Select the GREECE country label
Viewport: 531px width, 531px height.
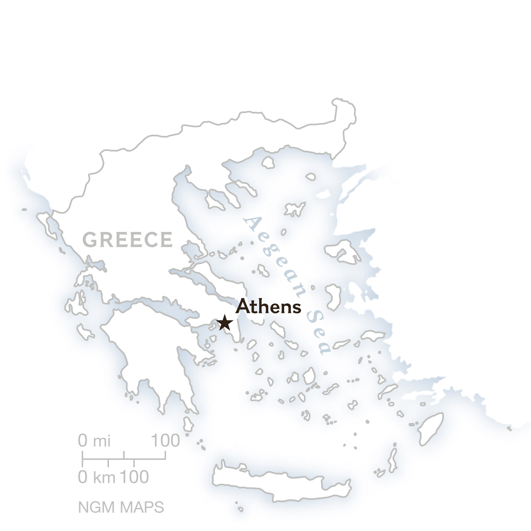tap(128, 240)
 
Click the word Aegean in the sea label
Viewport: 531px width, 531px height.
tap(275, 257)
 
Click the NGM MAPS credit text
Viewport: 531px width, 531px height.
tap(121, 507)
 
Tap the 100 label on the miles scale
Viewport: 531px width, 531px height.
tap(165, 441)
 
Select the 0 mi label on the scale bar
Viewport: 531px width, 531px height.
tap(94, 441)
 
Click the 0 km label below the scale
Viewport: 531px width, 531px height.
tap(96, 477)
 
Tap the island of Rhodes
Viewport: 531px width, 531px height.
tap(430, 429)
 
